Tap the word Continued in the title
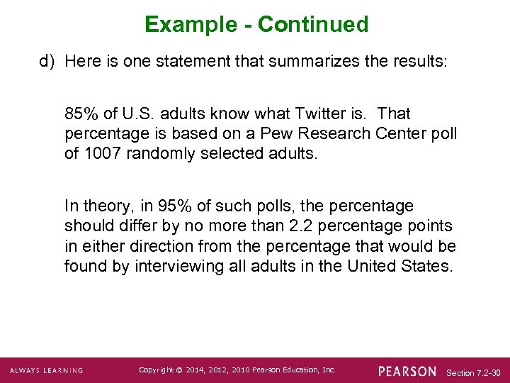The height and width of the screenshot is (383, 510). point(313,25)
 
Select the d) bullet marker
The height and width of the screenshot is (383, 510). point(47,61)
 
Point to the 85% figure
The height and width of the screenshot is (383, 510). point(79,113)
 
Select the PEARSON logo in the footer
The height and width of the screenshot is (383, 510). point(407,371)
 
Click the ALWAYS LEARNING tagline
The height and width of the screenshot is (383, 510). point(46,371)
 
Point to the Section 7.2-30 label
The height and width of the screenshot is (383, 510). point(474,372)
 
